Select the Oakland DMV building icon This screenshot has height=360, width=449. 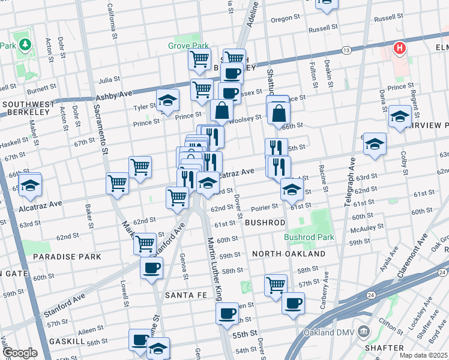[364, 331]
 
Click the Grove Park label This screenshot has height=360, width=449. [188, 45]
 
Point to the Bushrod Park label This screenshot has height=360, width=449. [309, 237]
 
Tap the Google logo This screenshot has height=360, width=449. [20, 353]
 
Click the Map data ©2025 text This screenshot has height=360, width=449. [421, 355]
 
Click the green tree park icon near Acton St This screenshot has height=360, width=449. [25, 44]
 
